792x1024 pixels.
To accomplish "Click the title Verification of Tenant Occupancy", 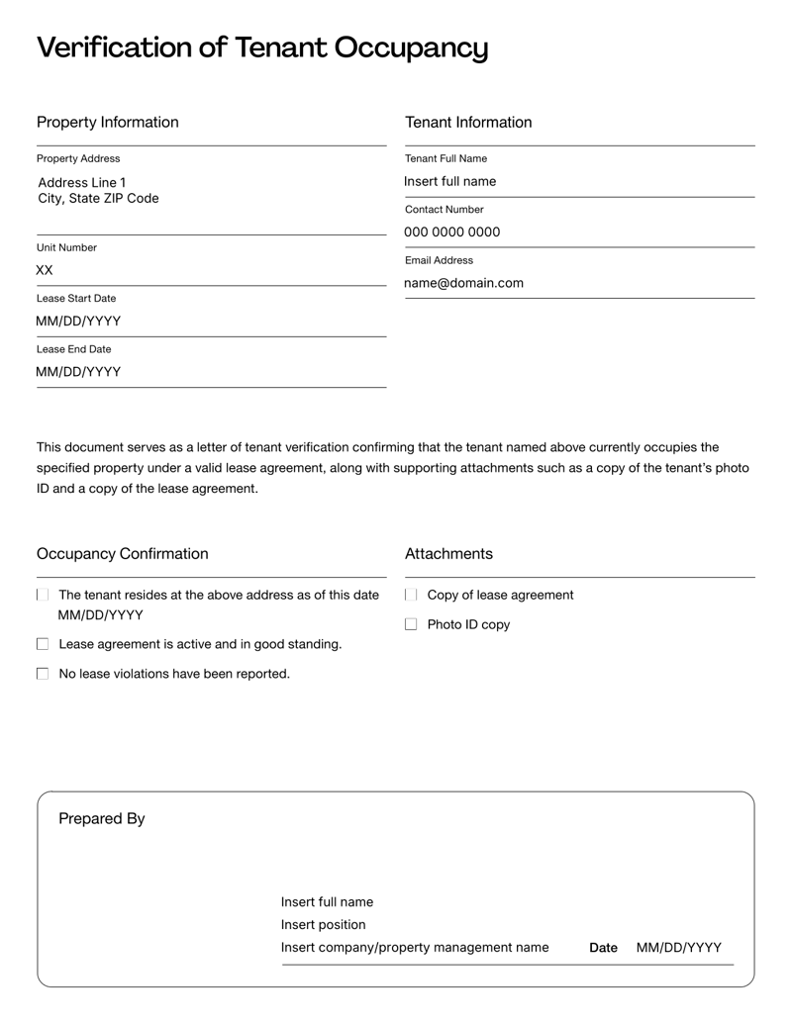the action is point(262,47).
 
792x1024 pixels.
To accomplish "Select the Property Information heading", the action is point(108,123).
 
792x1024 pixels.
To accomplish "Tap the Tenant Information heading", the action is point(468,123).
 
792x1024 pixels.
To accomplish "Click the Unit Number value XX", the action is point(45,270).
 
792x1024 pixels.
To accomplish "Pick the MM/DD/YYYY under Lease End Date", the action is point(78,372).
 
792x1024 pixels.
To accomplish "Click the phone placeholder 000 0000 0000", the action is point(451,233).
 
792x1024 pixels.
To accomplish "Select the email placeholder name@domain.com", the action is point(463,284).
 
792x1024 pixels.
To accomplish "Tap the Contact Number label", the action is point(445,210).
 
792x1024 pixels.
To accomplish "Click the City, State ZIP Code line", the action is point(98,199).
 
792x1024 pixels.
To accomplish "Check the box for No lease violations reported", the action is point(43,675).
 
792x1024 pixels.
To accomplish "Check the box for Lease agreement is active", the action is point(43,645).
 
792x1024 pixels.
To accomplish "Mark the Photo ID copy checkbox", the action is point(412,625).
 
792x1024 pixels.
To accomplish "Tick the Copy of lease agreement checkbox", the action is point(412,596).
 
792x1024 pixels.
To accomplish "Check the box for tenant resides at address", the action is point(43,596).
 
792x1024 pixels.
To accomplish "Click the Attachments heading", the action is point(448,554).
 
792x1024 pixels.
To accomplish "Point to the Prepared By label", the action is point(102,819).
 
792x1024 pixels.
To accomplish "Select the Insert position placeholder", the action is point(324,925).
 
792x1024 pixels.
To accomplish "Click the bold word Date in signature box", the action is point(603,948).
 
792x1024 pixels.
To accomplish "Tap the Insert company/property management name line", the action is point(415,948).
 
